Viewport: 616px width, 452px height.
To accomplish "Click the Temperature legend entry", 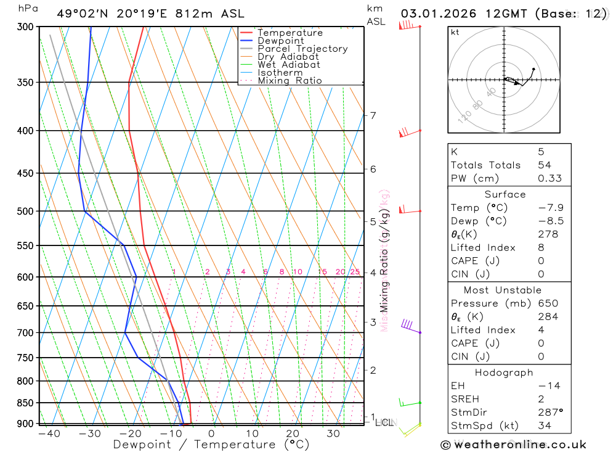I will (290, 33).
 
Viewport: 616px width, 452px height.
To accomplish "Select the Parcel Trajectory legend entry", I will (302, 49).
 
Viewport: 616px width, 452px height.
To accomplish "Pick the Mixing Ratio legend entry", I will (290, 81).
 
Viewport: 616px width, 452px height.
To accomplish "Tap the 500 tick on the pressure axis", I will (25, 211).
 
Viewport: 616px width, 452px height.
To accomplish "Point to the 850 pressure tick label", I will (25, 403).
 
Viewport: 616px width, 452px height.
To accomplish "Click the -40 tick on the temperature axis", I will (49, 434).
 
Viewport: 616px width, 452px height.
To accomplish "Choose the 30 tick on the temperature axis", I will (333, 434).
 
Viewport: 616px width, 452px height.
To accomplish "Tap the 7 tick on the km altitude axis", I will (373, 115).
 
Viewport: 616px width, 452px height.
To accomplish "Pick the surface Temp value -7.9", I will (550, 208).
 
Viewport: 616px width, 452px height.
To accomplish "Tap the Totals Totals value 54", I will (544, 165).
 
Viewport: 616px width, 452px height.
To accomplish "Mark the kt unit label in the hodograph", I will (455, 33).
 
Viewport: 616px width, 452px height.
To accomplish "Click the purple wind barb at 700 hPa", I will (408, 325).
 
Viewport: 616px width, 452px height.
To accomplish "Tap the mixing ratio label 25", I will (355, 272).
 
